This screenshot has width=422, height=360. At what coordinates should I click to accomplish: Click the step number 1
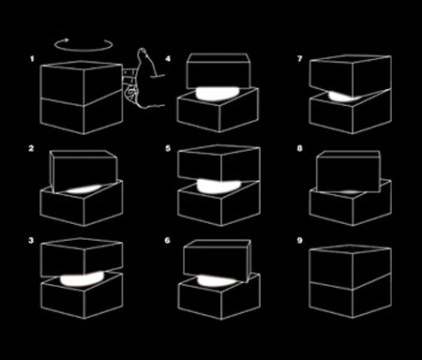(x=32, y=58)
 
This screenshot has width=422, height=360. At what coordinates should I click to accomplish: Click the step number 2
(x=31, y=148)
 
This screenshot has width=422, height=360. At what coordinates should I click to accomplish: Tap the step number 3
(x=31, y=240)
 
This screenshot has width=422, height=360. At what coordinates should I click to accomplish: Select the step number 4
(x=168, y=58)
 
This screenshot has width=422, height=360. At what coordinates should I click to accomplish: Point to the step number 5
(x=168, y=148)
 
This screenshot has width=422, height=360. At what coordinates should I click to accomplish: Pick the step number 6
(x=168, y=240)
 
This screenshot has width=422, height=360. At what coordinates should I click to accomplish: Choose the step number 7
(x=300, y=58)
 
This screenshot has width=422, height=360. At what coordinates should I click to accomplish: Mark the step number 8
(x=300, y=148)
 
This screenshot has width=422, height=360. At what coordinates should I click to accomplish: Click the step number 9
(x=300, y=240)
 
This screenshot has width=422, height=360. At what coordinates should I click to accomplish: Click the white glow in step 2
(x=83, y=189)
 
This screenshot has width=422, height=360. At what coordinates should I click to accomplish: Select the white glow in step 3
(x=82, y=279)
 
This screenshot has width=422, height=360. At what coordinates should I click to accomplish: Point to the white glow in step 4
(x=218, y=94)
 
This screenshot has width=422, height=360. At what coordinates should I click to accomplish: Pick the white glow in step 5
(x=219, y=186)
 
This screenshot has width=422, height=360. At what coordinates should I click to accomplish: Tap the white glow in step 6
(x=217, y=281)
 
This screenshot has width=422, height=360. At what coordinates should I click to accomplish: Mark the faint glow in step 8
(x=350, y=191)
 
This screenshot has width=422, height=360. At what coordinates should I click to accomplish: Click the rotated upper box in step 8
(x=349, y=172)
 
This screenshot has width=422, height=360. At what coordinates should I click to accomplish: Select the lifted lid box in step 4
(x=219, y=70)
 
